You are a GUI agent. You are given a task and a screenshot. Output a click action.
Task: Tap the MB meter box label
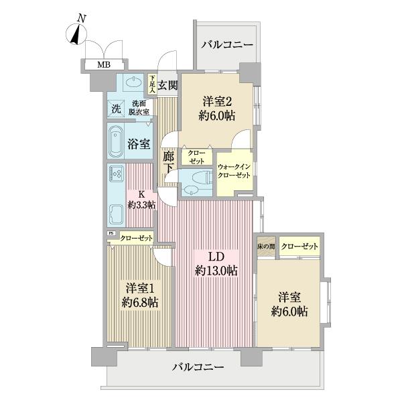(104, 65)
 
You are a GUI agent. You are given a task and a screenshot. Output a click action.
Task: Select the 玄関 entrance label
(168, 85)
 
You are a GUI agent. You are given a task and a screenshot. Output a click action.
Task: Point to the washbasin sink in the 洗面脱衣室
(133, 85)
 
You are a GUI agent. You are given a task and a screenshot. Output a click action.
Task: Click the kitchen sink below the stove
(115, 216)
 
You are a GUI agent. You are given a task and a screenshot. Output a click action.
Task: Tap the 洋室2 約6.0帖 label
(216, 107)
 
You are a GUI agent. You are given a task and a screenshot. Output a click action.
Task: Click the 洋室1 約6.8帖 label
(139, 295)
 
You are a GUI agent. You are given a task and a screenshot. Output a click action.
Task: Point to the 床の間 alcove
(266, 247)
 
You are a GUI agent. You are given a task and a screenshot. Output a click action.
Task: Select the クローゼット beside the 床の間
(299, 247)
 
